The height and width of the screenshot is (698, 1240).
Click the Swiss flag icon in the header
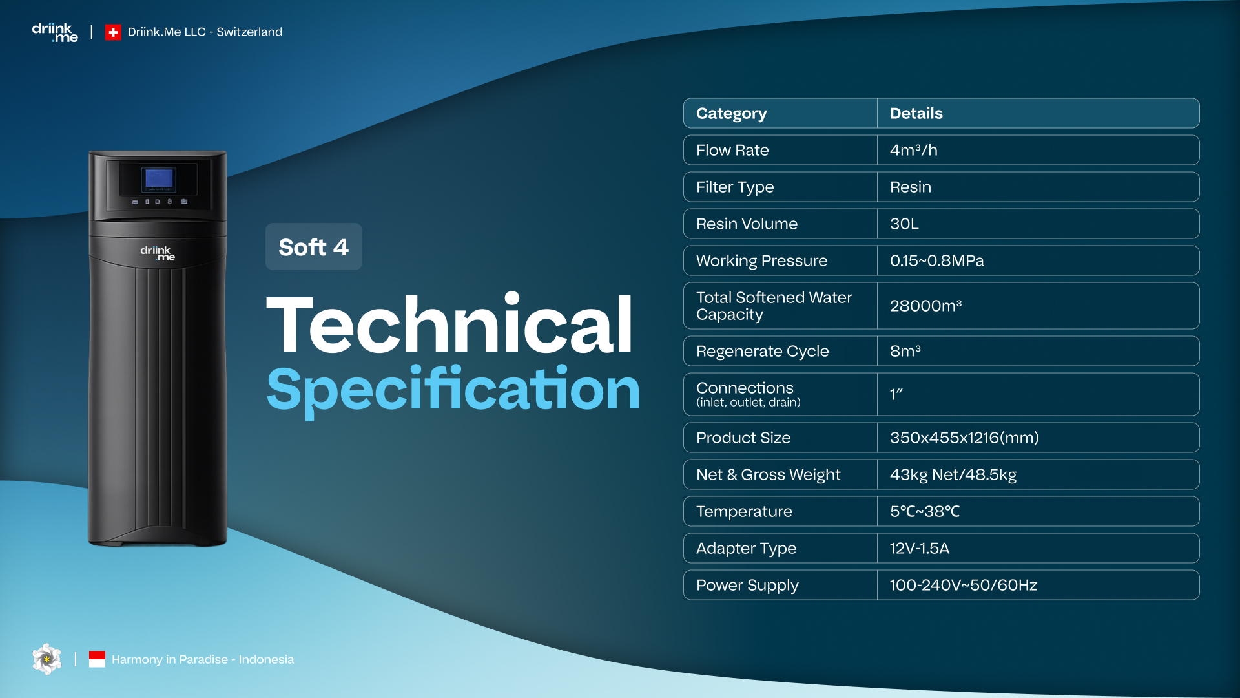(113, 32)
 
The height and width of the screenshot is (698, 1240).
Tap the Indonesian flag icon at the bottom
(97, 659)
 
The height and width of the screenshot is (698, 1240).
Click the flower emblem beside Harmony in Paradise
(47, 659)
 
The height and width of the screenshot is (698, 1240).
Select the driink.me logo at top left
(55, 32)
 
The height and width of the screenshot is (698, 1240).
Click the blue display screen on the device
(160, 178)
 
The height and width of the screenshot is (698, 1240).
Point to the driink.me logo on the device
(158, 253)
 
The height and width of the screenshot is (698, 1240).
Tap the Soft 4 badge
(314, 247)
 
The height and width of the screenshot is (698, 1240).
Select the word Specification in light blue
(453, 390)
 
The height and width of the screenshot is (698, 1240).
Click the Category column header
(732, 113)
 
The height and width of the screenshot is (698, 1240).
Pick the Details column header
(916, 113)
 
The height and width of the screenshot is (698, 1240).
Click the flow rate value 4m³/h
(914, 150)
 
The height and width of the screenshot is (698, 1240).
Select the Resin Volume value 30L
(904, 224)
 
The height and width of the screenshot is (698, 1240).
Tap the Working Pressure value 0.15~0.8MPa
(937, 260)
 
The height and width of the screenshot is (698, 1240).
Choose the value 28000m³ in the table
(926, 306)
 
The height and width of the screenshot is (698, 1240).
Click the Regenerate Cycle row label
(763, 352)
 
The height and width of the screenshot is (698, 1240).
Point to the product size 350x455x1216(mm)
(965, 438)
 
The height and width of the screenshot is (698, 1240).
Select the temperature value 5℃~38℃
(925, 511)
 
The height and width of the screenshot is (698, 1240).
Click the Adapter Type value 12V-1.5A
(920, 548)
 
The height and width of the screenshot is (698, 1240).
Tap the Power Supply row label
(748, 586)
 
